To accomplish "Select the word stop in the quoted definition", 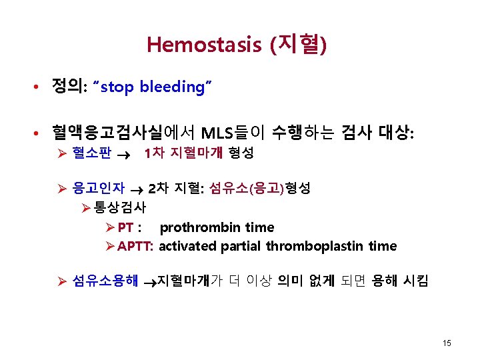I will (x=118, y=87).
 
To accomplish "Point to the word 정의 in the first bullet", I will (x=67, y=87).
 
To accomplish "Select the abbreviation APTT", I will (x=135, y=247).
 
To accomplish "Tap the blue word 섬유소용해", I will (x=105, y=281).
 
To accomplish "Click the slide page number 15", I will (x=447, y=343).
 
